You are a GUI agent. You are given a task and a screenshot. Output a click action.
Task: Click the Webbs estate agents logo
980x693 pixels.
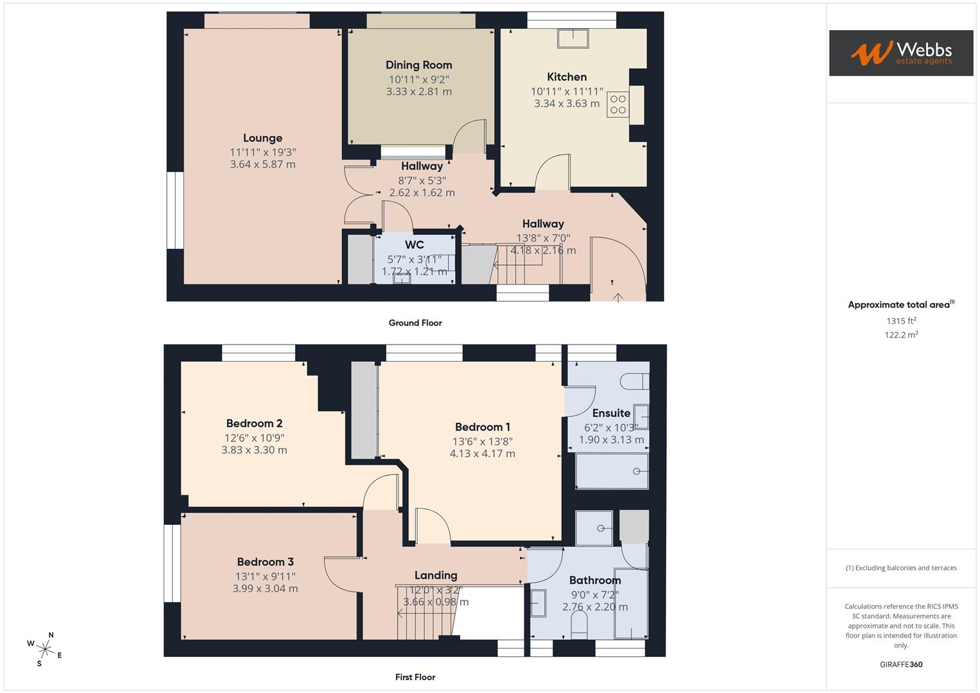tap(900, 53)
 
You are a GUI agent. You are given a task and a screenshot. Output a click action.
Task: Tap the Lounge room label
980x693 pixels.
tap(262, 138)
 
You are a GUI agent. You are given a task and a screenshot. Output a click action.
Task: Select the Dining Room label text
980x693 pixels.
tap(418, 65)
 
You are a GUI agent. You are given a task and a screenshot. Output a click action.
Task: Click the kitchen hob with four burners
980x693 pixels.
tap(618, 105)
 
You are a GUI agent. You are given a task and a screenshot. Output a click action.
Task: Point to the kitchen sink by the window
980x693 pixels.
tap(573, 38)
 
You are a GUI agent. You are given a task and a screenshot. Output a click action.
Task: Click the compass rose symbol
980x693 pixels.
tap(45, 649)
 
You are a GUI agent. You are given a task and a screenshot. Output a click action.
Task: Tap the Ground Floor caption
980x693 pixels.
tap(415, 323)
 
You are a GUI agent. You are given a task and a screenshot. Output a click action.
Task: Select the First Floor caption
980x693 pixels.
tap(415, 677)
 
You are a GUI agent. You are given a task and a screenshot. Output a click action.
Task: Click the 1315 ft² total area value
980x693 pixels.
tap(901, 321)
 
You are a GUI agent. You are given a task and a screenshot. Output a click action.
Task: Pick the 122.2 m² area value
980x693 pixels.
tap(901, 335)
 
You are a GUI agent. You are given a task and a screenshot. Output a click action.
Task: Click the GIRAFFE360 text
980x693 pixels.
tap(901, 665)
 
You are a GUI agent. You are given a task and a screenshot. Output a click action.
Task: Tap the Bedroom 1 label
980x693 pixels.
tap(483, 427)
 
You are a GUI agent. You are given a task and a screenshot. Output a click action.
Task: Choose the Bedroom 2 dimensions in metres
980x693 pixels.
tap(254, 450)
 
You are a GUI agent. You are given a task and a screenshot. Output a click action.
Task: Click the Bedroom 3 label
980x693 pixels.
tap(265, 562)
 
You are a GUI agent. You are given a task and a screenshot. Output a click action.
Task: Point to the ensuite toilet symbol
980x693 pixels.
tap(635, 381)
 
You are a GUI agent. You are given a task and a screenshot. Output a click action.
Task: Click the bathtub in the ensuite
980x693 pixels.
tap(612, 471)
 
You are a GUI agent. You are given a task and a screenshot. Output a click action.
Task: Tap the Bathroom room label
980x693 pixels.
tap(595, 581)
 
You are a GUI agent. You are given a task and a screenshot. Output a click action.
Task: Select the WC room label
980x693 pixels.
tap(415, 244)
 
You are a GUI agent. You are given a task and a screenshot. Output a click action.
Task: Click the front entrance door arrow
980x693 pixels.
tap(617, 296)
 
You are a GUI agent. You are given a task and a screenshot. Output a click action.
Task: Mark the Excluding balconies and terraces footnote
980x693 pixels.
tap(901, 568)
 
